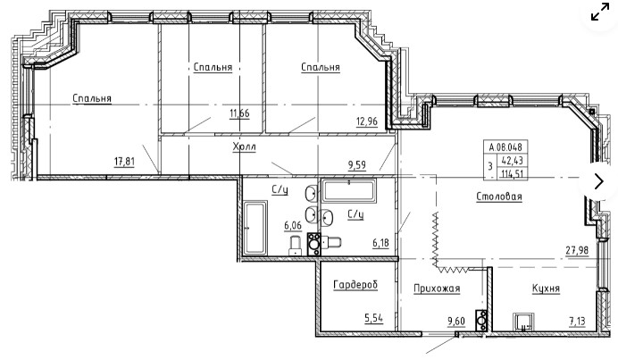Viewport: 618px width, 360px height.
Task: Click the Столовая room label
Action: tap(499, 197)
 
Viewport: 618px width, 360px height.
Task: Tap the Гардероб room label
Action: tap(355, 285)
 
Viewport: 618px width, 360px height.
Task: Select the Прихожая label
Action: tap(437, 289)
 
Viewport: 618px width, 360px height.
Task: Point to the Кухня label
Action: tap(546, 289)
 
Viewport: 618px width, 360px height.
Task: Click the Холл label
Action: tap(244, 147)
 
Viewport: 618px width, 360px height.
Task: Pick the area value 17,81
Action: tap(124, 162)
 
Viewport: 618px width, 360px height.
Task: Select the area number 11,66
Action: tap(239, 113)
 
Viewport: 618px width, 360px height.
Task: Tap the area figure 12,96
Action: tap(367, 121)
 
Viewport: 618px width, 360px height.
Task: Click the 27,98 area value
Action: tap(577, 250)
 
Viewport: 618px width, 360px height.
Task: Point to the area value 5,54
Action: tap(373, 318)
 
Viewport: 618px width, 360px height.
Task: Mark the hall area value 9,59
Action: tap(357, 165)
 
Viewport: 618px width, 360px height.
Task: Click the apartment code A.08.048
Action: tap(505, 147)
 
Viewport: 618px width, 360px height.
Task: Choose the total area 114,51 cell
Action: tap(512, 173)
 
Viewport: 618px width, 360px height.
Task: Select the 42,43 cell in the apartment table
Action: tap(512, 161)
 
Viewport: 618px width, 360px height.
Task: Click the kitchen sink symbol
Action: tap(524, 322)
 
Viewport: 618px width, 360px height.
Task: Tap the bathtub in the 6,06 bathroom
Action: tap(255, 228)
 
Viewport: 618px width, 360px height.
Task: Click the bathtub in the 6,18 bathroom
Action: tap(348, 191)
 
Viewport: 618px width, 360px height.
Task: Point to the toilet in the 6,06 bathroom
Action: tap(296, 245)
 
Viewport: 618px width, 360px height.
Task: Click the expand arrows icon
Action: tap(600, 12)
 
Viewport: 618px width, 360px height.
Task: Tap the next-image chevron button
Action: tap(599, 181)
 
